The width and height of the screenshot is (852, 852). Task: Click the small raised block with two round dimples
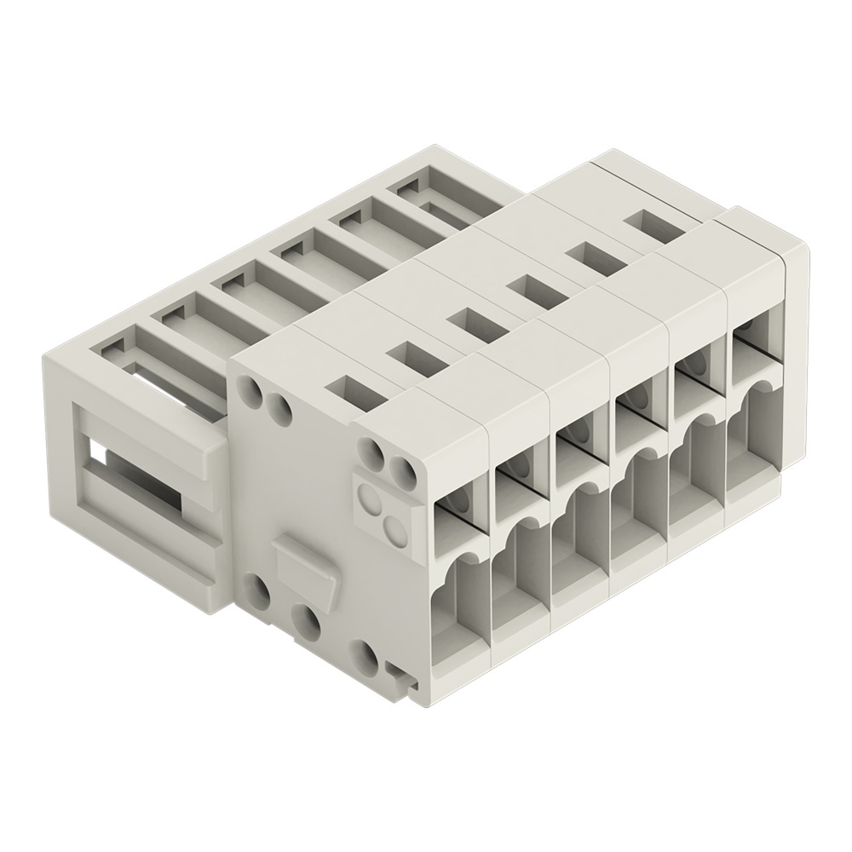click(x=383, y=509)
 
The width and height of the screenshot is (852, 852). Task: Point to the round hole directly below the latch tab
click(x=304, y=621)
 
